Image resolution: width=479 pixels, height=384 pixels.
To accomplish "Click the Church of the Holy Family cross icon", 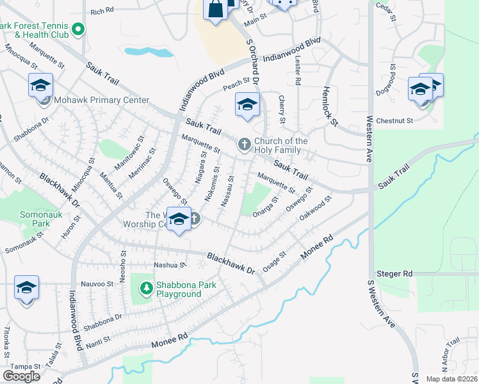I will coord(244,145).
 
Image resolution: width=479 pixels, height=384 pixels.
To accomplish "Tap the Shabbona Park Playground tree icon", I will coord(147,289).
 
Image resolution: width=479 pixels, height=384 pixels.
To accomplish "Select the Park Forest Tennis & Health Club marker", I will coord(78,29).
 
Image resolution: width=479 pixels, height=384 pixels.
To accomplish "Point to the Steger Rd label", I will coord(394,274).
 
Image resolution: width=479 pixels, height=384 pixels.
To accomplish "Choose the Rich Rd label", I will coord(102,11).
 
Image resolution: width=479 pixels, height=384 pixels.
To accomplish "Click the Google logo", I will coord(21,376).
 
